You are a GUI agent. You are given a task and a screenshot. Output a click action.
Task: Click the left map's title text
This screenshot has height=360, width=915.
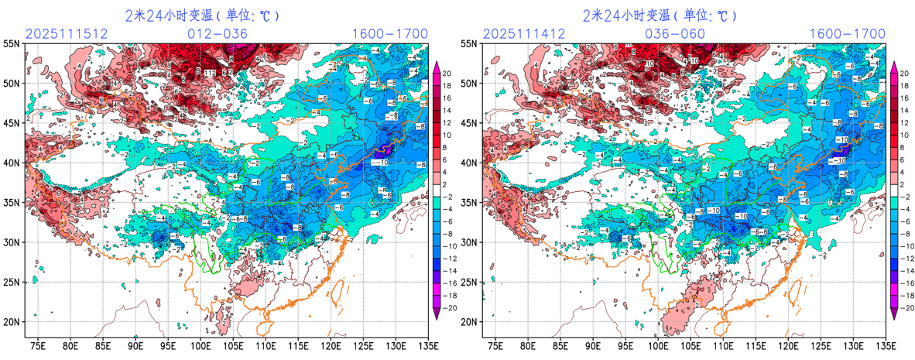click(203, 15)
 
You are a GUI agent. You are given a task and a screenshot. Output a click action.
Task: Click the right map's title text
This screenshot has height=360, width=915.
click(660, 15)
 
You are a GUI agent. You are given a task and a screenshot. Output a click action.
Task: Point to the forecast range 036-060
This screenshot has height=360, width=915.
click(675, 34)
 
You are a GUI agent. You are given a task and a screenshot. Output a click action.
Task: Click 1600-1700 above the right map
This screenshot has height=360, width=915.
click(847, 34)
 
